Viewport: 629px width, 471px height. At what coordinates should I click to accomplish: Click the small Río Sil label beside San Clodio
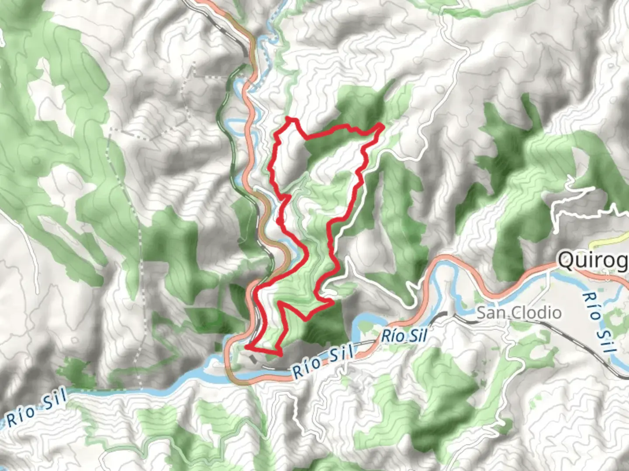click(x=404, y=336)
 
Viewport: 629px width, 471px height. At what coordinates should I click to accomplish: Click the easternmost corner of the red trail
click(x=383, y=126)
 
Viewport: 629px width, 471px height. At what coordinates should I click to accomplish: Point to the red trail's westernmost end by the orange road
click(x=246, y=347)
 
